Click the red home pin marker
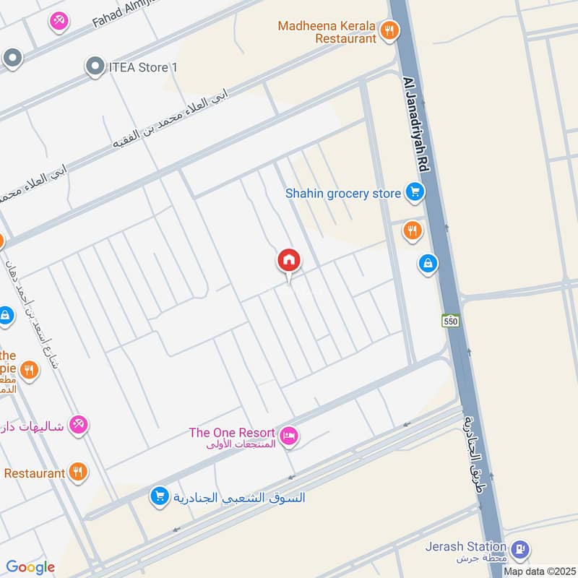pyautogui.click(x=289, y=261)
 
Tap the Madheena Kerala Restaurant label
pyautogui.click(x=327, y=32)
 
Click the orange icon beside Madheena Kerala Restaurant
pyautogui.click(x=390, y=30)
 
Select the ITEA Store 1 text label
pyautogui.click(x=142, y=67)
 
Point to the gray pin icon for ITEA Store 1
pyautogui.click(x=94, y=67)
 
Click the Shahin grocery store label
pyautogui.click(x=342, y=193)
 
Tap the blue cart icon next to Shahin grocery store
pyautogui.click(x=414, y=192)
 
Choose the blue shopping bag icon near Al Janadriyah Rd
pyautogui.click(x=428, y=264)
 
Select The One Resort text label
pyautogui.click(x=232, y=433)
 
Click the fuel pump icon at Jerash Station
pyautogui.click(x=519, y=551)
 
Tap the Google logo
pyautogui.click(x=30, y=566)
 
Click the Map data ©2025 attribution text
pyautogui.click(x=540, y=571)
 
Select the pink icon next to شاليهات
pyautogui.click(x=79, y=425)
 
